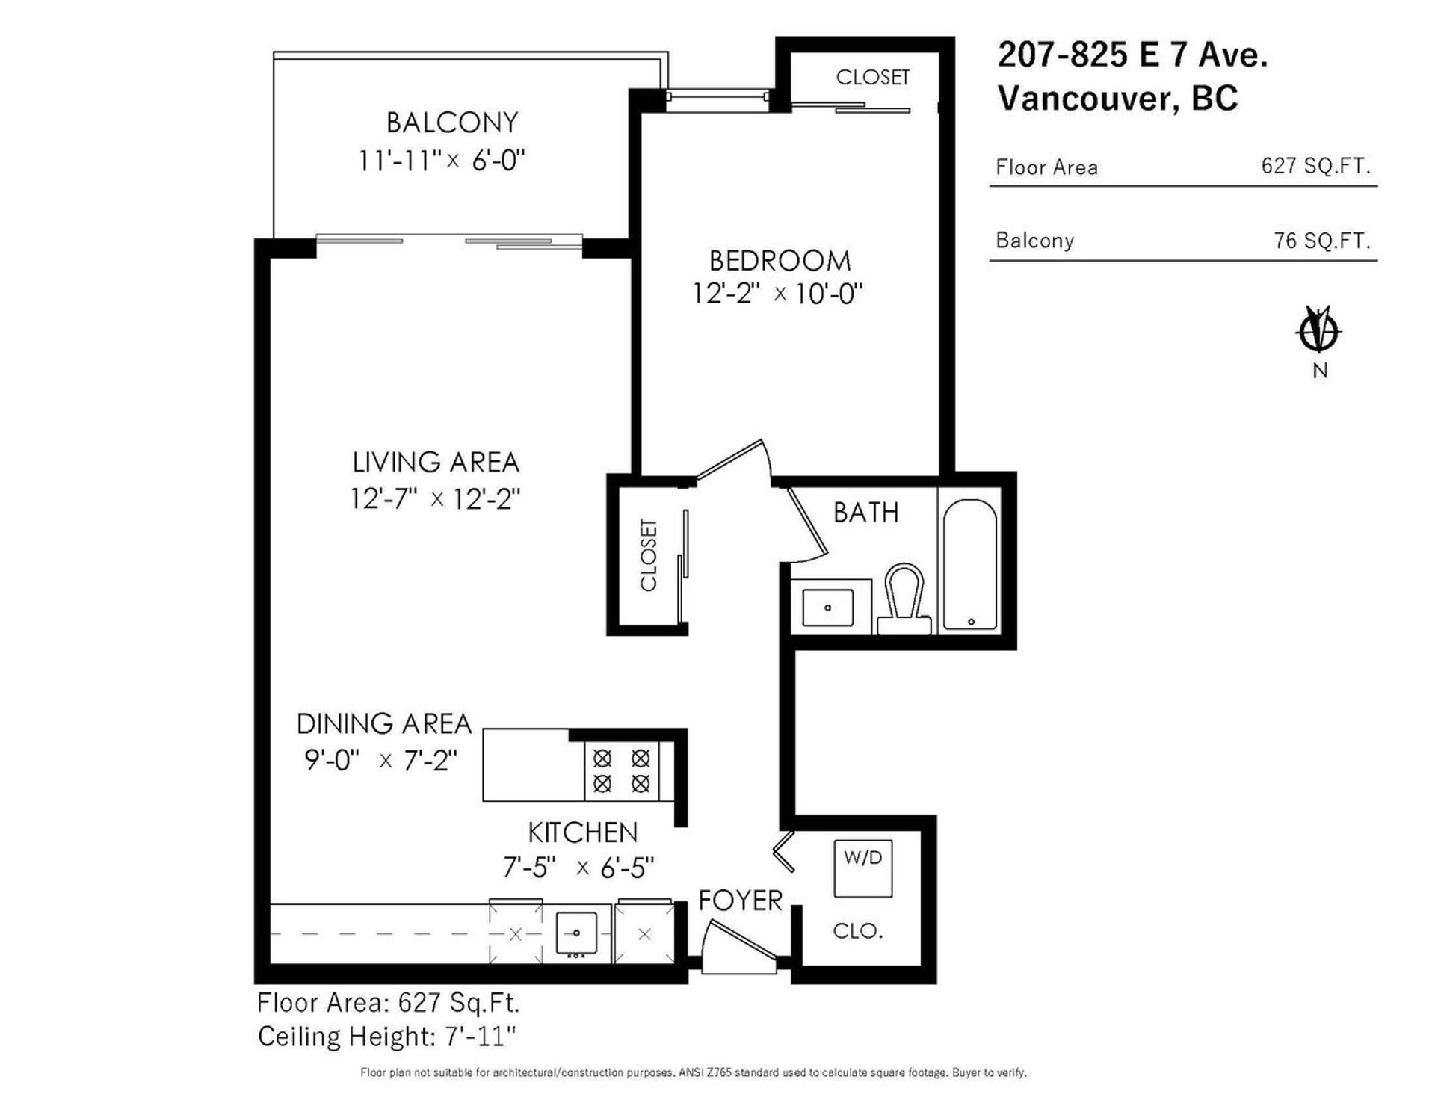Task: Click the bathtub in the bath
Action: pos(970,564)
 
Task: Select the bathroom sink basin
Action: pos(827,607)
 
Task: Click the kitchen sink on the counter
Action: pos(576,934)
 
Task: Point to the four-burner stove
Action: pos(622,771)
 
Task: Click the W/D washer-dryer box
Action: pos(863,868)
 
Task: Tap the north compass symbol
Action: pos(1319,332)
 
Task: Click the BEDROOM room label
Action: pos(780,261)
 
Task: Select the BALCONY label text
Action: pos(452,122)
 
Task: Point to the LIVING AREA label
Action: pos(436,462)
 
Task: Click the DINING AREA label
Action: pos(384,723)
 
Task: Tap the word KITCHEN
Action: pos(583,832)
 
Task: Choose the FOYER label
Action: pos(740,901)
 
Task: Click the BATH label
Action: pos(865,513)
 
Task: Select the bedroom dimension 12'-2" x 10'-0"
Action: pos(777,293)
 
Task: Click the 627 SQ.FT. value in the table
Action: pos(1316,165)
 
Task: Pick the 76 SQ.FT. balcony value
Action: pos(1322,240)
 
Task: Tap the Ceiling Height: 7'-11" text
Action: pos(387,1037)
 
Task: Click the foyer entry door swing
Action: pos(740,947)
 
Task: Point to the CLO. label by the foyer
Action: pos(858,931)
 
